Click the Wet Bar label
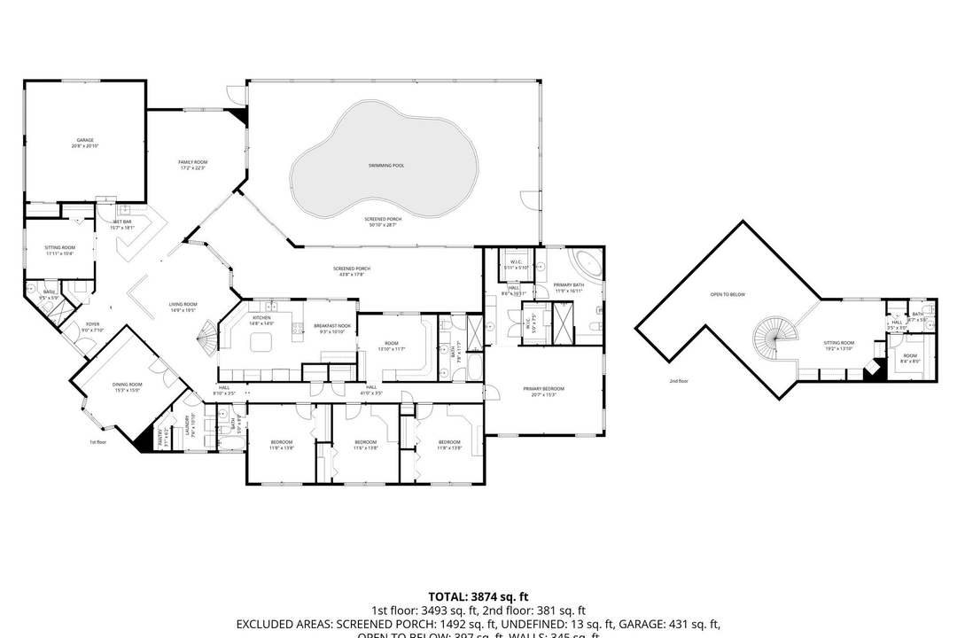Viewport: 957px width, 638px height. pyautogui.click(x=121, y=222)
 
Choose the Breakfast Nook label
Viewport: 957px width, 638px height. pyautogui.click(x=333, y=327)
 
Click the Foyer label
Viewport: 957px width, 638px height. pyautogui.click(x=92, y=326)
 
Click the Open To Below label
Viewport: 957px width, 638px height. pyautogui.click(x=727, y=294)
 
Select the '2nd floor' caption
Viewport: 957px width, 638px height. pyautogui.click(x=679, y=381)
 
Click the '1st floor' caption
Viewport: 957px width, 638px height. pyautogui.click(x=97, y=441)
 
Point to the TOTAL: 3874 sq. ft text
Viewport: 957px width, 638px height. pyautogui.click(x=478, y=596)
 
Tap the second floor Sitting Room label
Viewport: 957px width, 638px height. pyautogui.click(x=838, y=344)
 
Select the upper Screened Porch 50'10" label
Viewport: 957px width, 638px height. pyautogui.click(x=383, y=221)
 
